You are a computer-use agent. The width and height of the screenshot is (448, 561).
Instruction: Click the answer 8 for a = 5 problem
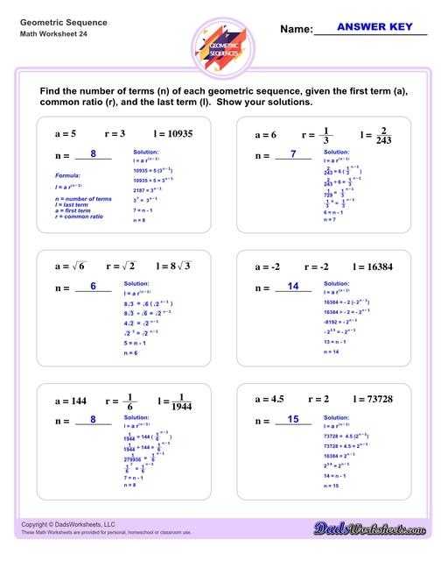coord(93,154)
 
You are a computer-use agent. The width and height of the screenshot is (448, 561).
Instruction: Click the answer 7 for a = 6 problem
coord(293,154)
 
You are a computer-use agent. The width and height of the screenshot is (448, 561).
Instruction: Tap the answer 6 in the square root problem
coord(93,286)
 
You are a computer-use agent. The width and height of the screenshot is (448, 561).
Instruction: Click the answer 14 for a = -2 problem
coord(293,286)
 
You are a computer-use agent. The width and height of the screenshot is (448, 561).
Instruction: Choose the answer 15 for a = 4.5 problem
coord(293,420)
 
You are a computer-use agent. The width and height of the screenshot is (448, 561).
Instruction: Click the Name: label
coord(296,30)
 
